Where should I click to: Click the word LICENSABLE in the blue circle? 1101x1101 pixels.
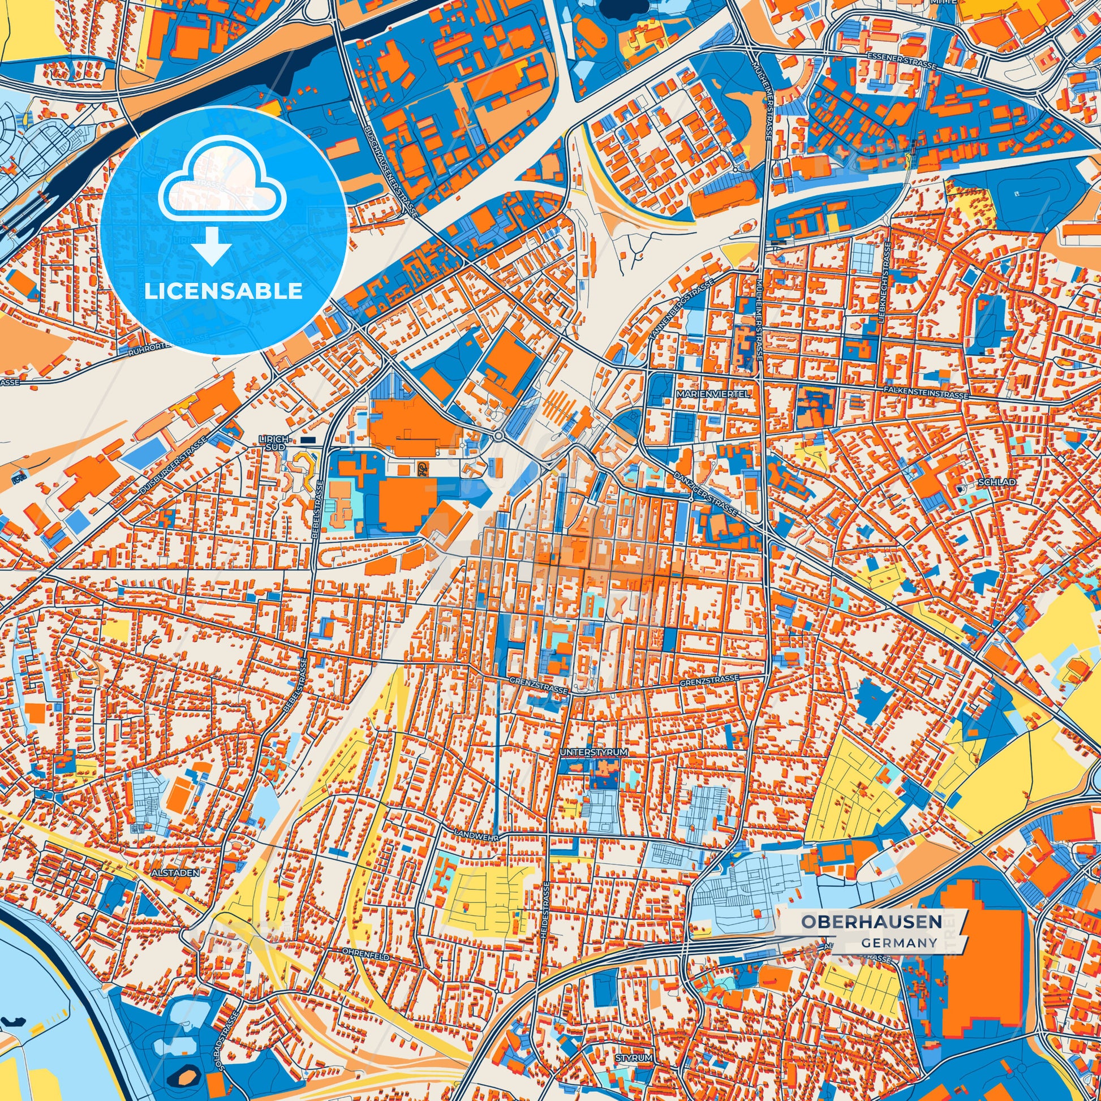click(x=223, y=291)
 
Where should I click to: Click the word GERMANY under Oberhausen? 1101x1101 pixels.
click(x=898, y=943)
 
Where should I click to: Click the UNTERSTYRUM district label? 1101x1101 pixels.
click(x=594, y=752)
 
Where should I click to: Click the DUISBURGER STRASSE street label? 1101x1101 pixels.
click(x=173, y=466)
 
